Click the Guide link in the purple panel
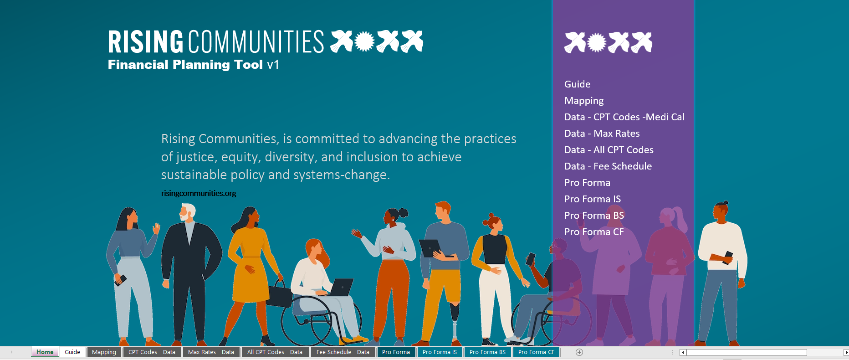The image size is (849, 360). (577, 84)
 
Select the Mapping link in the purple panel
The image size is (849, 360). (584, 101)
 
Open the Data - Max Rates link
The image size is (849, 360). (602, 134)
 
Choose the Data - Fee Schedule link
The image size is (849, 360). (608, 166)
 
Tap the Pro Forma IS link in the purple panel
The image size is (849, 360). (593, 199)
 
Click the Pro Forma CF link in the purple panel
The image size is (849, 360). (594, 232)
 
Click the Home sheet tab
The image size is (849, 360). (45, 352)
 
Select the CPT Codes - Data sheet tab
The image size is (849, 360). (152, 352)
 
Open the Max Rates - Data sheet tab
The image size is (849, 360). (211, 352)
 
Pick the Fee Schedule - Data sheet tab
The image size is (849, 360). (343, 352)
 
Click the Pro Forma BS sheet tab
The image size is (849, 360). (487, 352)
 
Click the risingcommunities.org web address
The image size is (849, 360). (199, 193)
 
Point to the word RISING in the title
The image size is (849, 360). (146, 42)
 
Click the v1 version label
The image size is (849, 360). (273, 65)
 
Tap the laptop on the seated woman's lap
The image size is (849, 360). (341, 287)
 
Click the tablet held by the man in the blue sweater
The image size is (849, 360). (430, 248)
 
